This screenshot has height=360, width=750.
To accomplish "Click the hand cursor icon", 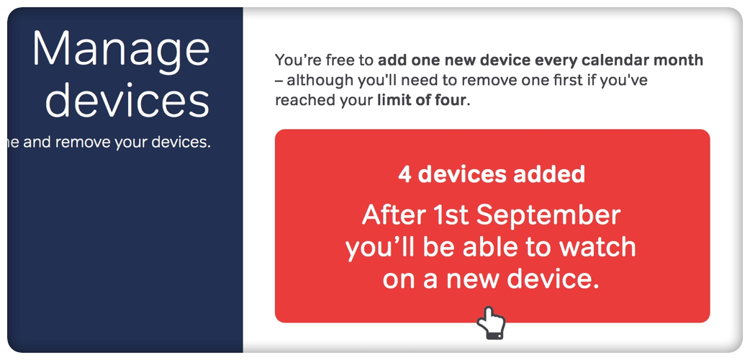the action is coord(491,323).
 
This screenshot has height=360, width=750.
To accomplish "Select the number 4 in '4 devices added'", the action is coord(405,175).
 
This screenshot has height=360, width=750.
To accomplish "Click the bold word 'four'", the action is coord(449,101).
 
